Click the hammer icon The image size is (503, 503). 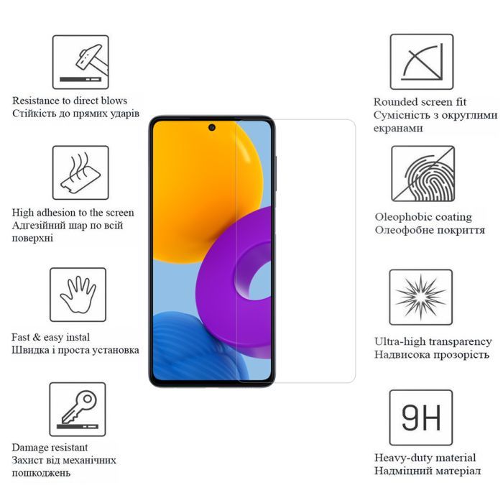coord(80,63)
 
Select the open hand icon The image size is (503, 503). coord(78,295)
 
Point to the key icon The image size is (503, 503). coord(78,409)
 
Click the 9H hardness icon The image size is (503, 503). coord(421,417)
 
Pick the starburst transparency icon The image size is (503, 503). coord(421,297)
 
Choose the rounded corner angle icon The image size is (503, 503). coord(422,62)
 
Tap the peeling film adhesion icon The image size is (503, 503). coord(80,172)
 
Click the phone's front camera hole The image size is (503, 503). coord(212,127)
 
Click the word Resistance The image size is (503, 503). coord(36,101)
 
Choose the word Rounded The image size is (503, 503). coord(395,102)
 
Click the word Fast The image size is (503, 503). coord(21,338)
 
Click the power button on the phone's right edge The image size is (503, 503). coord(275,173)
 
